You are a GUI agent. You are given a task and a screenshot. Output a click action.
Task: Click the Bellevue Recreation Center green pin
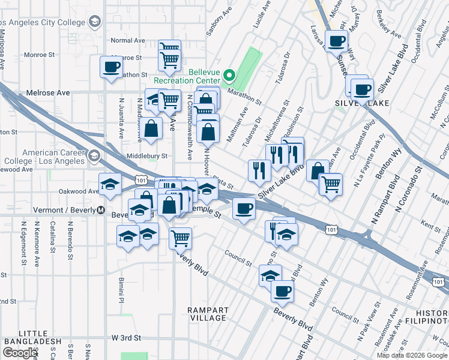pyautogui.click(x=229, y=76)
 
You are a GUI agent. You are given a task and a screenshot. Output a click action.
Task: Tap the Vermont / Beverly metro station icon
pyautogui.click(x=101, y=211)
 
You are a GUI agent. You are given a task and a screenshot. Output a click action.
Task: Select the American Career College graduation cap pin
pyautogui.click(x=93, y=157)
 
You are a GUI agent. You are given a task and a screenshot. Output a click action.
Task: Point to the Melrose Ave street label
pyautogui.click(x=48, y=93)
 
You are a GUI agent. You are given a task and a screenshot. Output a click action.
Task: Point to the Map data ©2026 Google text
pyautogui.click(x=411, y=355)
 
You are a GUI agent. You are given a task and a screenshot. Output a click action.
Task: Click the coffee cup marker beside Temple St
pyautogui.click(x=244, y=209)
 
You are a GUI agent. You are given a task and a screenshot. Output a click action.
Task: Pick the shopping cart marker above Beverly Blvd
pyautogui.click(x=180, y=238)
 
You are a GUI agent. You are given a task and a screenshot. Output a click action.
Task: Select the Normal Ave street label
pyautogui.click(x=128, y=41)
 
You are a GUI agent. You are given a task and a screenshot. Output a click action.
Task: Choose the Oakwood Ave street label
pyautogui.click(x=79, y=191)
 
